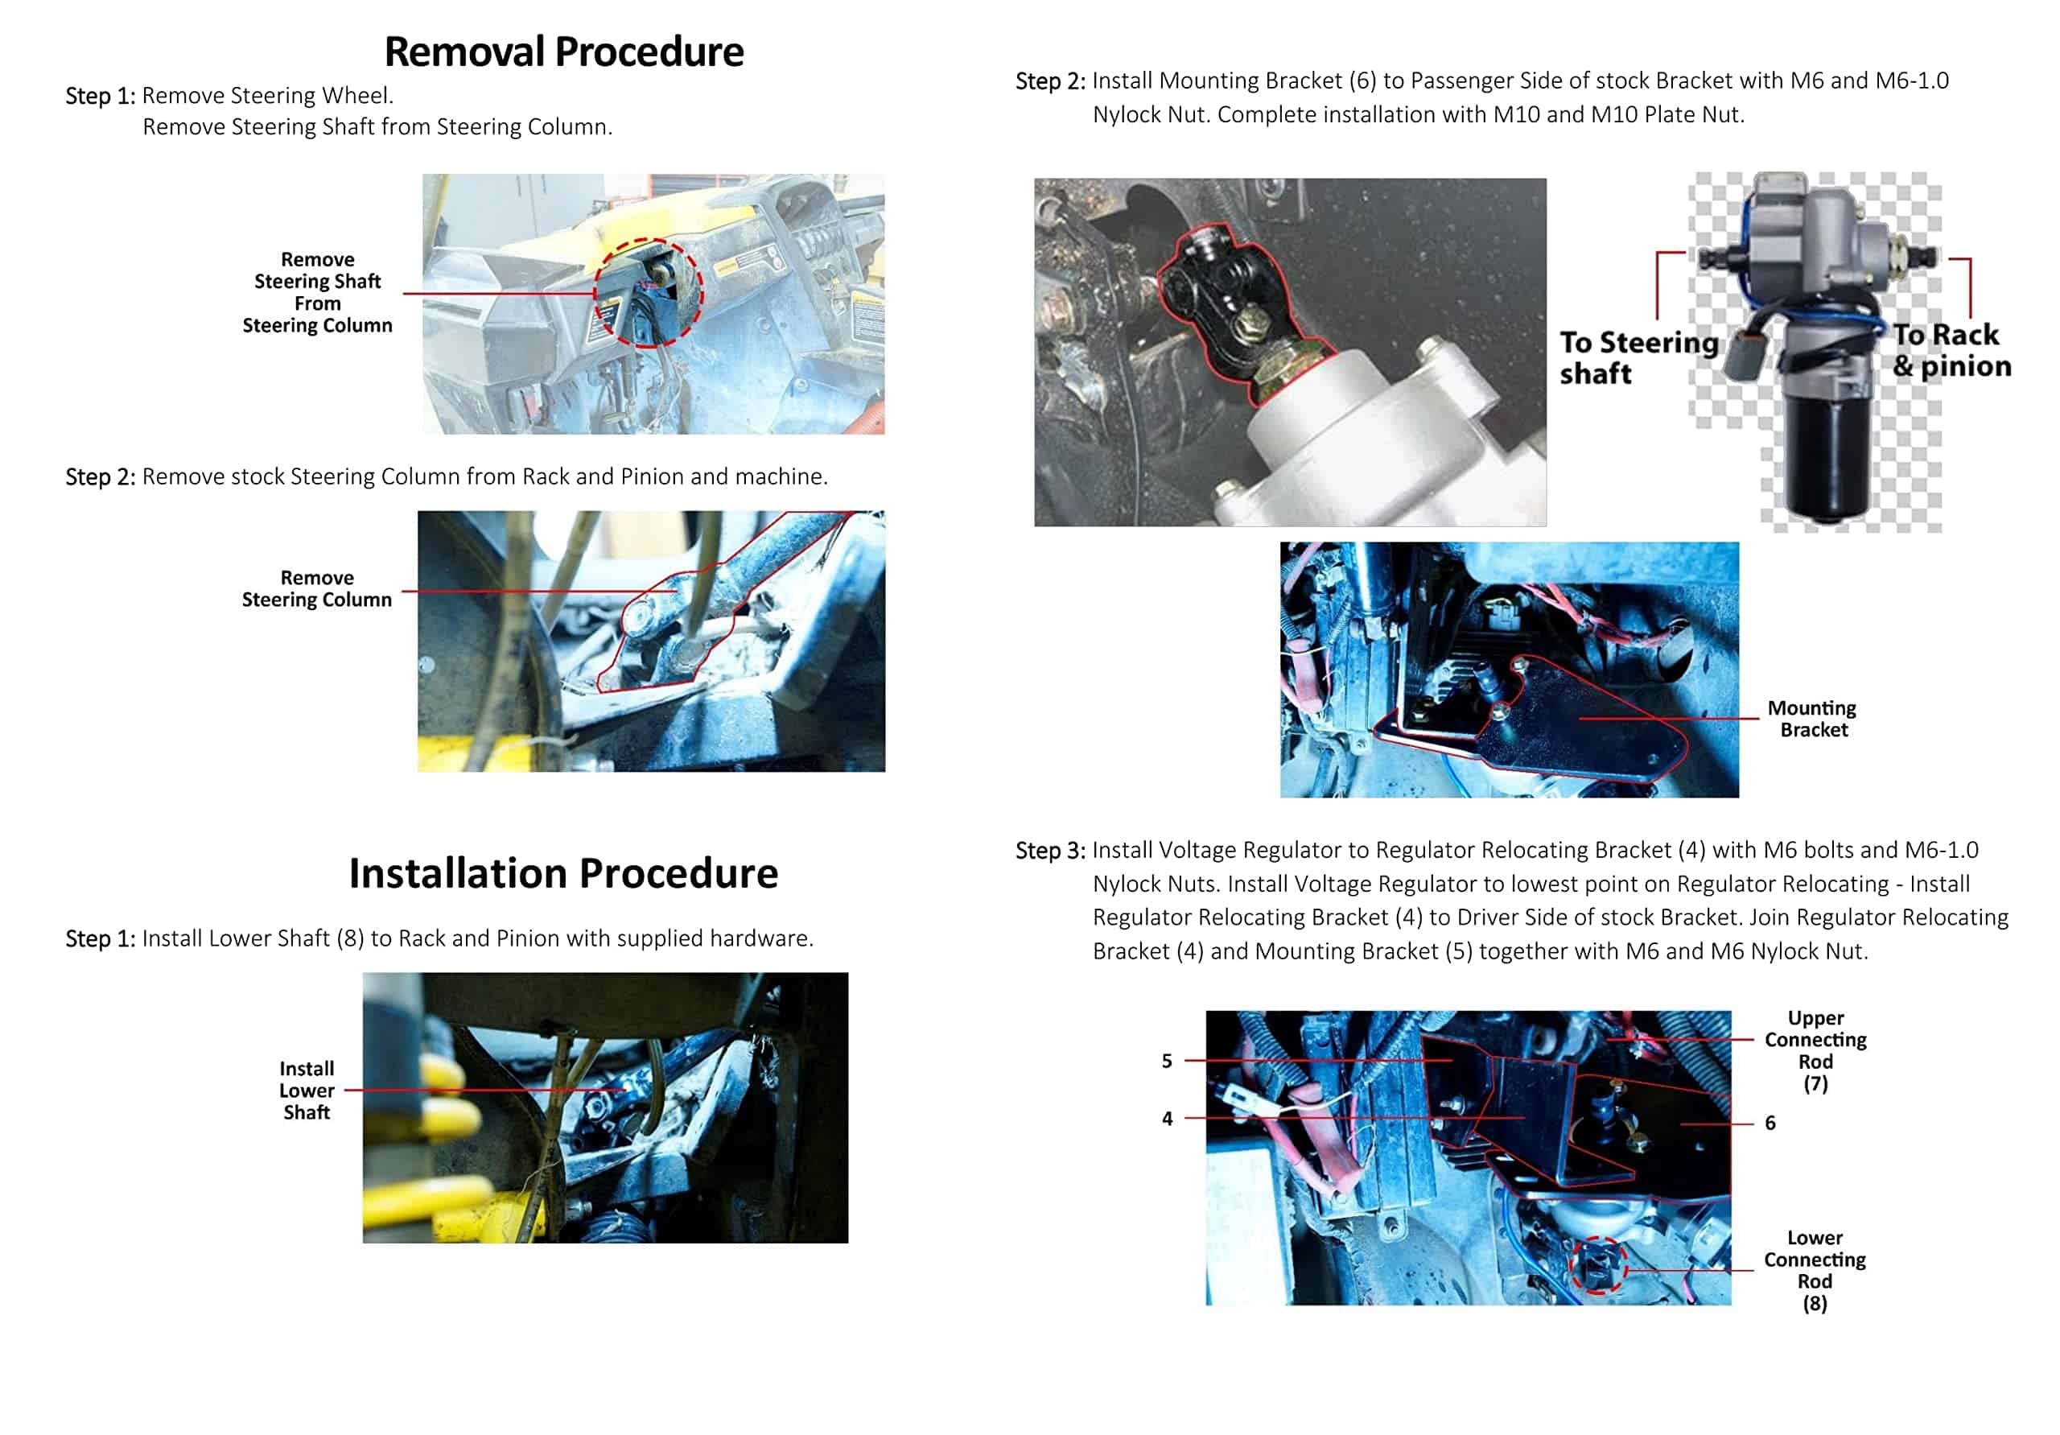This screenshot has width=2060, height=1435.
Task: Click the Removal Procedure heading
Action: (x=563, y=52)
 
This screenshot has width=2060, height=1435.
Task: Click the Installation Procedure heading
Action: (x=563, y=872)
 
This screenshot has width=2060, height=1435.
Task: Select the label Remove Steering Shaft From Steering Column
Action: (x=318, y=293)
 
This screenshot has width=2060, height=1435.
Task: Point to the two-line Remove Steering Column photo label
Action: (x=317, y=588)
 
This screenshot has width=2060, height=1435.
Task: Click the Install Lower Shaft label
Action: (x=307, y=1090)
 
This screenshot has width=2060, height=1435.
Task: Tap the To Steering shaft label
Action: (x=1638, y=357)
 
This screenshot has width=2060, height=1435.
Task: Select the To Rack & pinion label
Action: (x=1951, y=350)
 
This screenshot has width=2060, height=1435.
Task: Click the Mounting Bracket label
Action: (x=1811, y=718)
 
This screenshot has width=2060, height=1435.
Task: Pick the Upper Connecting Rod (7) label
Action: (x=1815, y=1050)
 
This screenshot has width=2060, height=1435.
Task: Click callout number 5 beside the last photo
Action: (x=1166, y=1061)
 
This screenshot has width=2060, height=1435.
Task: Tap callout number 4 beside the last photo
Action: (x=1166, y=1118)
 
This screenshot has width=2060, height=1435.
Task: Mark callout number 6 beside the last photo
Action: (x=1770, y=1123)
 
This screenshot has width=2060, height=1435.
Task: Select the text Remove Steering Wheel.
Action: (x=267, y=95)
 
